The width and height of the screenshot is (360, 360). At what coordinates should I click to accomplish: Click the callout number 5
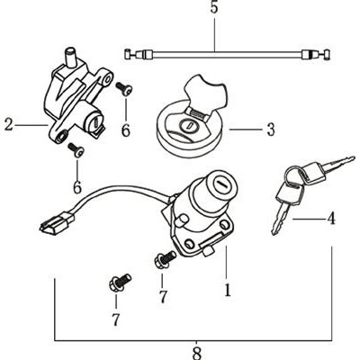point(214,8)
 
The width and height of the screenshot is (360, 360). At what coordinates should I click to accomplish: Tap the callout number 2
point(9,125)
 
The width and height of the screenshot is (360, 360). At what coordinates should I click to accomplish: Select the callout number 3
point(271,130)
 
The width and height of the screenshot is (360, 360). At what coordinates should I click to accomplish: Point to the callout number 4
point(331,219)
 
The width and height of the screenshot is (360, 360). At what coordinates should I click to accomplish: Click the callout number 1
point(228,290)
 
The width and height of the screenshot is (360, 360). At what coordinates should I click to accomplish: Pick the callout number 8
point(196,354)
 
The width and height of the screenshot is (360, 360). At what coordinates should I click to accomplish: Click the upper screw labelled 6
point(124,89)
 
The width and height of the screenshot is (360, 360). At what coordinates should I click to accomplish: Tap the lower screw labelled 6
point(76,150)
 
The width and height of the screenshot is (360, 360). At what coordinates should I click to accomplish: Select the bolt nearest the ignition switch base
point(165,259)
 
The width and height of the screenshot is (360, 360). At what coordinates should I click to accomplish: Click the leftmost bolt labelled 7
point(120,283)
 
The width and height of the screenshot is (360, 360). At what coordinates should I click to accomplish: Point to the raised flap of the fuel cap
point(206,94)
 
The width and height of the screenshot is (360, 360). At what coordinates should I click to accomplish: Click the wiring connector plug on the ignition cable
point(57,222)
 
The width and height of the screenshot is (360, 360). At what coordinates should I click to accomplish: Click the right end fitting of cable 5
point(316,55)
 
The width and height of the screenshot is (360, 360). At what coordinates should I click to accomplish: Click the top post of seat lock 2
point(72,57)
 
